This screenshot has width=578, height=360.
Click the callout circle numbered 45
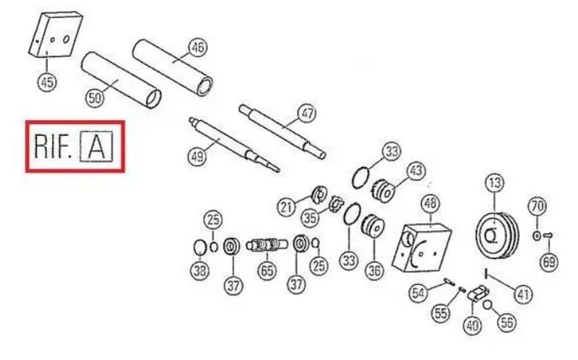tap(47, 82)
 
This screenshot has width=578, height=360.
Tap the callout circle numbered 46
tap(198, 48)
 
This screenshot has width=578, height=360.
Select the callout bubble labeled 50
tap(95, 98)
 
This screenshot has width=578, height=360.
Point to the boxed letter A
tap(97, 147)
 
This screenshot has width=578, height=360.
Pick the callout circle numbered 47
tap(307, 113)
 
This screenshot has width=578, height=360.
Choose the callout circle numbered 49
tap(197, 156)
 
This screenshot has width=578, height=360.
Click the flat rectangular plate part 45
tap(56, 35)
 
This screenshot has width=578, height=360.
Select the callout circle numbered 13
tap(495, 183)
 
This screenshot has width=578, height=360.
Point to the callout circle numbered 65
tap(267, 270)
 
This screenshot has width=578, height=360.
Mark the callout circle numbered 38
tap(200, 271)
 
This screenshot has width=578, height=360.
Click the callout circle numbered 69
tap(549, 262)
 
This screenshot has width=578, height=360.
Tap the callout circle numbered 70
tap(538, 206)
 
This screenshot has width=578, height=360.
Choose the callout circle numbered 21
tap(286, 207)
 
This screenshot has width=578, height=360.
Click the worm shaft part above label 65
tap(267, 245)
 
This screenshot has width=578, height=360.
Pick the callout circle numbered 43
tap(416, 171)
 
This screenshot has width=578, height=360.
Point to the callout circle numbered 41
tap(523, 294)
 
